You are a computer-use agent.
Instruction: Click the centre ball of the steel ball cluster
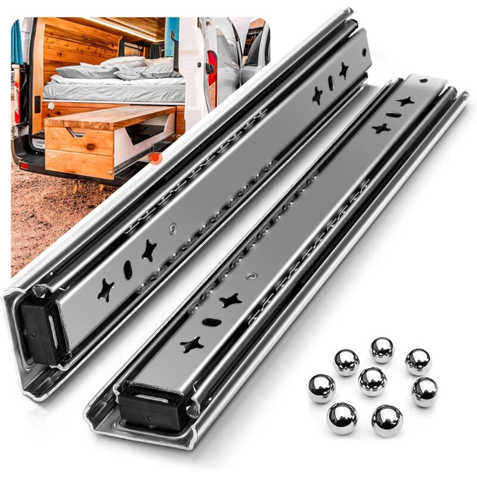[x=372, y=382]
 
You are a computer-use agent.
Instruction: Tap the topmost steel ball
[x=382, y=349]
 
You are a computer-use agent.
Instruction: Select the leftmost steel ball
[x=321, y=388]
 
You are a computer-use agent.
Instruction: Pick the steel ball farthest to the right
[x=425, y=392]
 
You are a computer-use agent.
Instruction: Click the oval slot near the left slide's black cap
[x=128, y=270]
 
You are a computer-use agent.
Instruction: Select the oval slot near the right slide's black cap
[x=212, y=322]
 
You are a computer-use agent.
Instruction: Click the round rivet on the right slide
[x=253, y=277]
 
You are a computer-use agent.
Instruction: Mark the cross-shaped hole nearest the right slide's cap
[x=192, y=344]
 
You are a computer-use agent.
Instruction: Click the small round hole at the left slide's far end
[x=363, y=51]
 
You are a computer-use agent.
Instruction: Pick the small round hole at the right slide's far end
[x=423, y=80]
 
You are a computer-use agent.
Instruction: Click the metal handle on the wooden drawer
[x=76, y=132]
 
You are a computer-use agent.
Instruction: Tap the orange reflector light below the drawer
[x=156, y=157]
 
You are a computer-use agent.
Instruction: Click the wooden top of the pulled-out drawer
[x=110, y=116]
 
